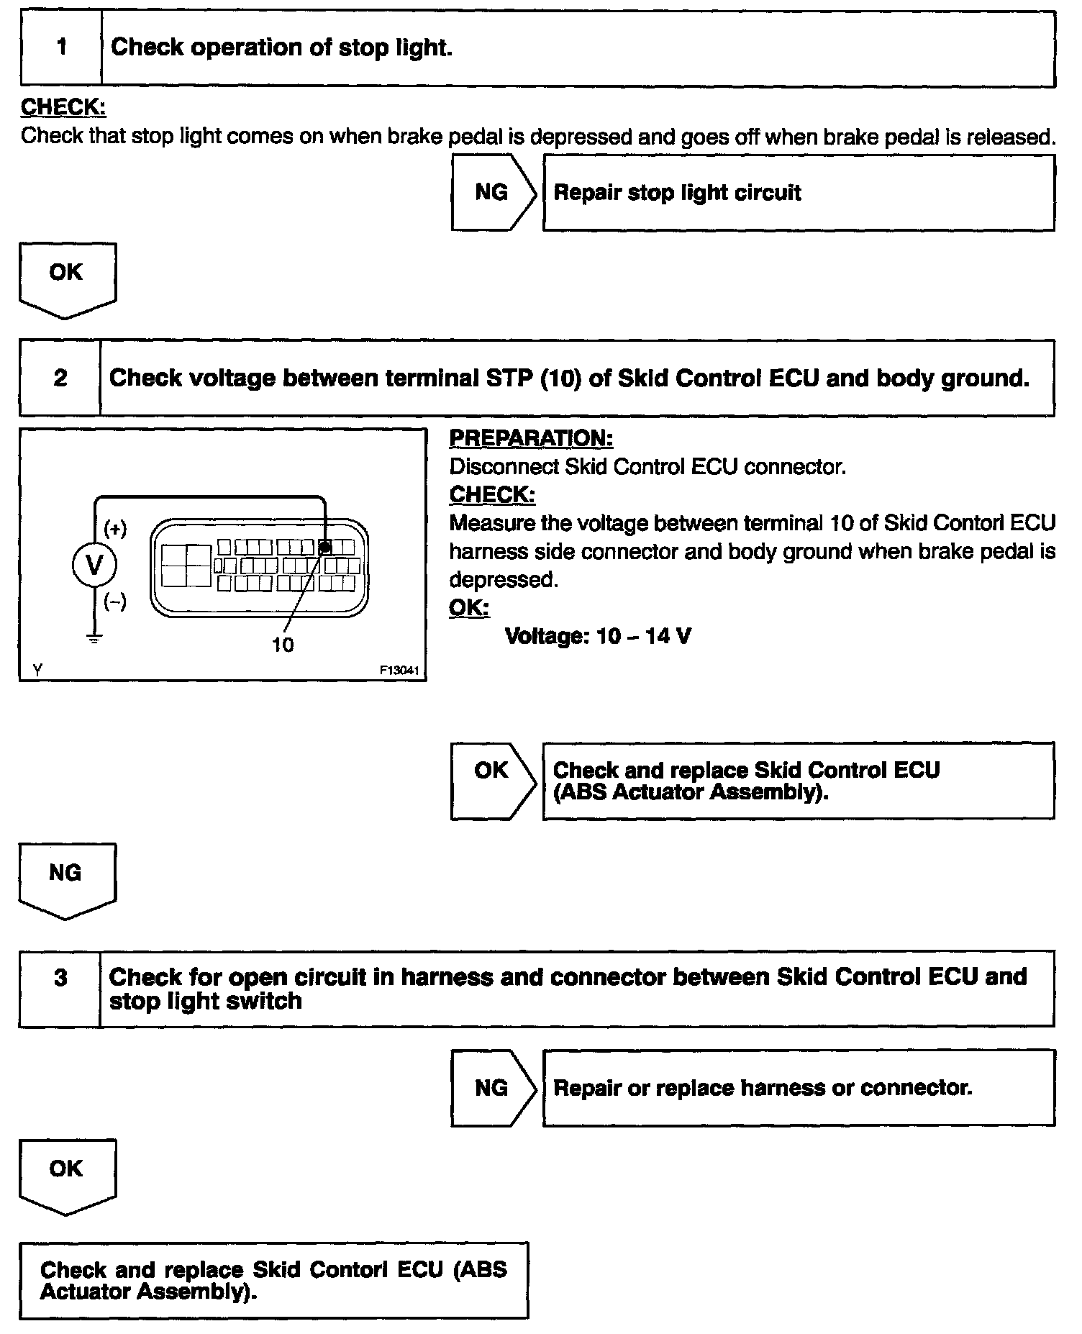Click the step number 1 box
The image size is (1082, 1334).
[61, 48]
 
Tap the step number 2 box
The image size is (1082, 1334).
[60, 378]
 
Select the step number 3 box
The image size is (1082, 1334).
[60, 987]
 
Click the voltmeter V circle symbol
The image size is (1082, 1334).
[94, 565]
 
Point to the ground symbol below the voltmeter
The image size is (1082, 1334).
[94, 637]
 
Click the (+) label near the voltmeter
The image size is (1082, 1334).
[115, 529]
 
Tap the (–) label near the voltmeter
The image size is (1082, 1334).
[115, 601]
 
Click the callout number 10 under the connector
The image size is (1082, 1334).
[282, 645]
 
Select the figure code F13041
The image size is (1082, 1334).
[399, 670]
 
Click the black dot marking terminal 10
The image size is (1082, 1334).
[325, 548]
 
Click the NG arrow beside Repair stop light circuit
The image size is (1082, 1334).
[493, 192]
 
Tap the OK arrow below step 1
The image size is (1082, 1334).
[66, 277]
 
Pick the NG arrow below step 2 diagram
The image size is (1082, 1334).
[66, 878]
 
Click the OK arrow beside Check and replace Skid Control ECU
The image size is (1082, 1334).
[493, 779]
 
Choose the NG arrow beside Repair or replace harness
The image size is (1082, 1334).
[493, 1087]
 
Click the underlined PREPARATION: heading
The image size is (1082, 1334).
[531, 438]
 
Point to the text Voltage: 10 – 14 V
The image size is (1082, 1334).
[598, 636]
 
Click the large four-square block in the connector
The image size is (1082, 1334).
[186, 565]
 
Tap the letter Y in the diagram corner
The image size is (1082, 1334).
[37, 670]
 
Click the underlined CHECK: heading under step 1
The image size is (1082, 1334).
[63, 107]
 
